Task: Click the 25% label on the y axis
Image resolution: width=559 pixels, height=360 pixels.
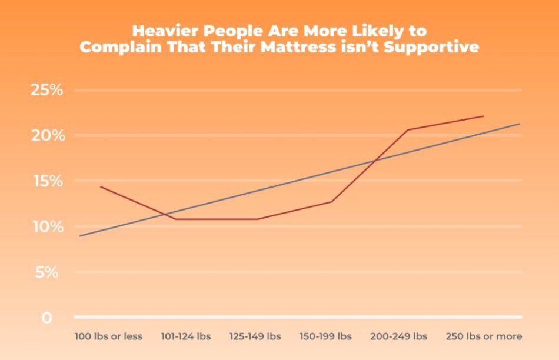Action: (46, 91)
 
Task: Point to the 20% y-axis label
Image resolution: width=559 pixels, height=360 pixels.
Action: (46, 136)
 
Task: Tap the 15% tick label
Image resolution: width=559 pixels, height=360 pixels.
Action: (46, 181)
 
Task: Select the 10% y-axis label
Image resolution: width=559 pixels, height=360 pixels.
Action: (46, 227)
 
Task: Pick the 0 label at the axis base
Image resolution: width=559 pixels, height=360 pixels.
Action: (46, 318)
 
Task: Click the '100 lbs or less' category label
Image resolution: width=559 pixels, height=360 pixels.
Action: (108, 337)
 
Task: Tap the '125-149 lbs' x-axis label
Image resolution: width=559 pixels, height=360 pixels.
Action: (255, 337)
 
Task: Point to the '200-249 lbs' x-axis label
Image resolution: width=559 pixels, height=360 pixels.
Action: (398, 337)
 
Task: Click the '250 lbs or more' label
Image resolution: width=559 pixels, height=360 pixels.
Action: (484, 337)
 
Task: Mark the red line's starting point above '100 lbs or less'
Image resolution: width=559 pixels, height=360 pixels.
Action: (101, 186)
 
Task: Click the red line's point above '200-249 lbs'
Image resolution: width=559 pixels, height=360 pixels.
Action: (408, 129)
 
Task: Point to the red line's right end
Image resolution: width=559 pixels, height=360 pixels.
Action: (484, 116)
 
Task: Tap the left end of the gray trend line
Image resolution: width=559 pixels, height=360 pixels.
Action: (79, 236)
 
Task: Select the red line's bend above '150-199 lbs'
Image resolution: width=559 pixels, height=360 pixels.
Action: (332, 202)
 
